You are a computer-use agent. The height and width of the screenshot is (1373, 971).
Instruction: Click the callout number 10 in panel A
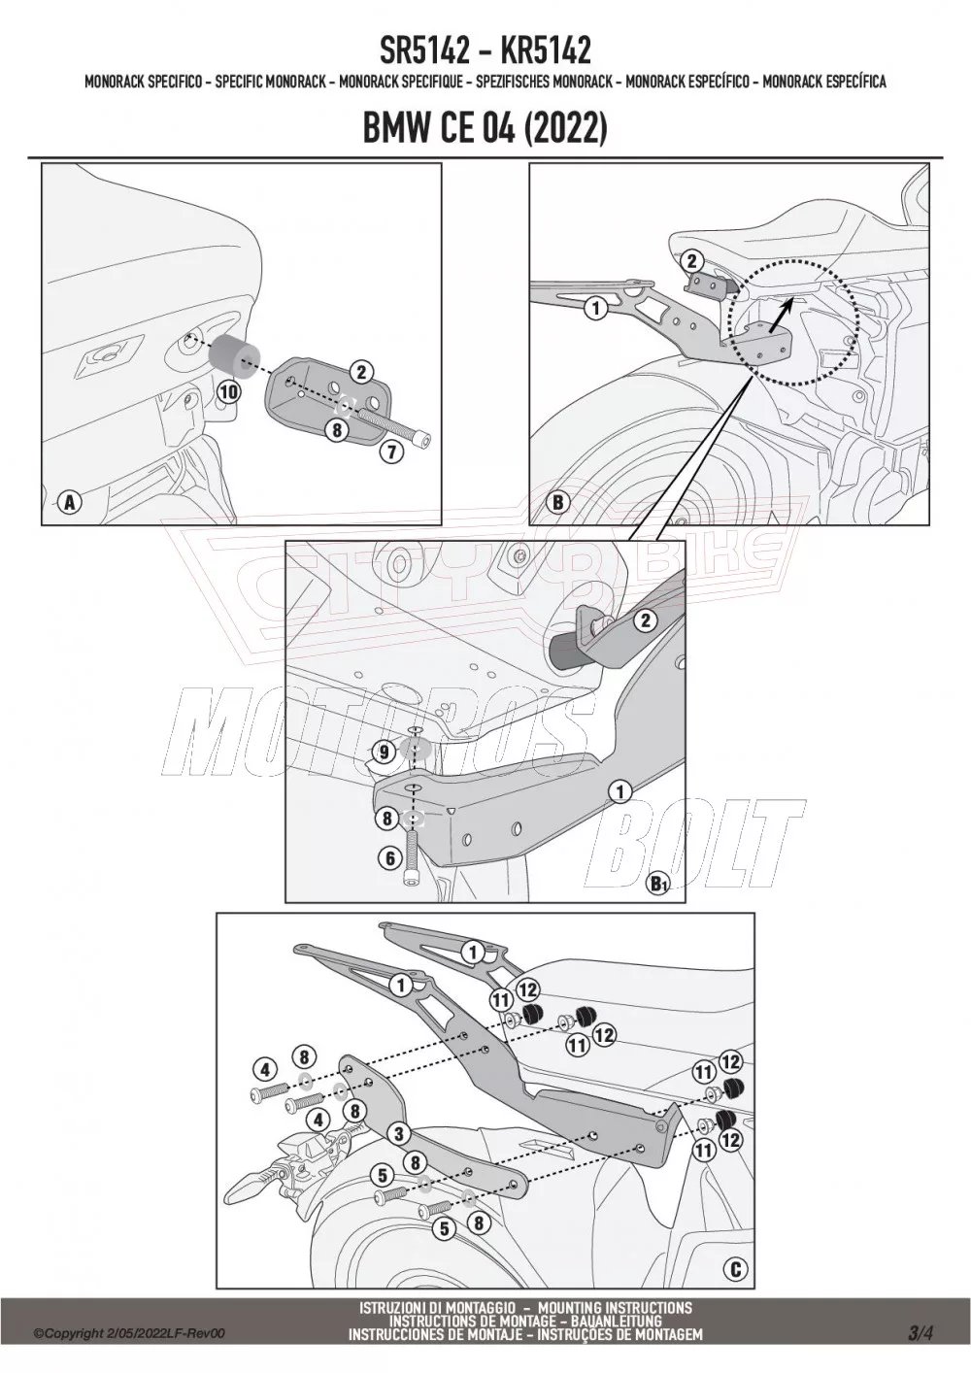click(228, 392)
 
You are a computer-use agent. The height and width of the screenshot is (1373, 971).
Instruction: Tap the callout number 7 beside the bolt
click(390, 451)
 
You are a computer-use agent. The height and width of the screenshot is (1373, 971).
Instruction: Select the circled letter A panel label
click(68, 502)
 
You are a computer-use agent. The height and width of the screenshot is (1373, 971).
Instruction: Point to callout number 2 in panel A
click(360, 371)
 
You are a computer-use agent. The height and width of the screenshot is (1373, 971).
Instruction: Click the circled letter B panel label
click(558, 502)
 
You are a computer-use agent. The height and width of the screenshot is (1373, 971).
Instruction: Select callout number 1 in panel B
click(594, 309)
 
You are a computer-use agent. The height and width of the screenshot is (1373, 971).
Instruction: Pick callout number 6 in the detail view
click(390, 857)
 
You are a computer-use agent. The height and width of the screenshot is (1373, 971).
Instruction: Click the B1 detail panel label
click(658, 883)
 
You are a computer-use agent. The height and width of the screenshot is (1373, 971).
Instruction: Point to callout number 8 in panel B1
click(386, 819)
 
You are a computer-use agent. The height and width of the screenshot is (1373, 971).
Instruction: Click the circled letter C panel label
click(735, 1269)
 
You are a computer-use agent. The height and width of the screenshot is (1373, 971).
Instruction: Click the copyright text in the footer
click(128, 1334)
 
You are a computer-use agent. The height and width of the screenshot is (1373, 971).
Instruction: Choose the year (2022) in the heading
click(565, 128)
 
